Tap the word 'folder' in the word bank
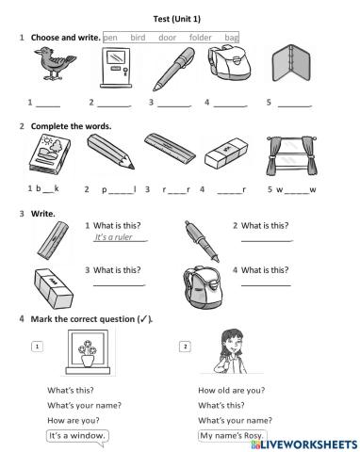201,37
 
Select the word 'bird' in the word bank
138,37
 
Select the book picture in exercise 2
43,153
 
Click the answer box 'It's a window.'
76,435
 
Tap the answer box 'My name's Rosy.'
231,435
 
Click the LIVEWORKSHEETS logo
301,441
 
